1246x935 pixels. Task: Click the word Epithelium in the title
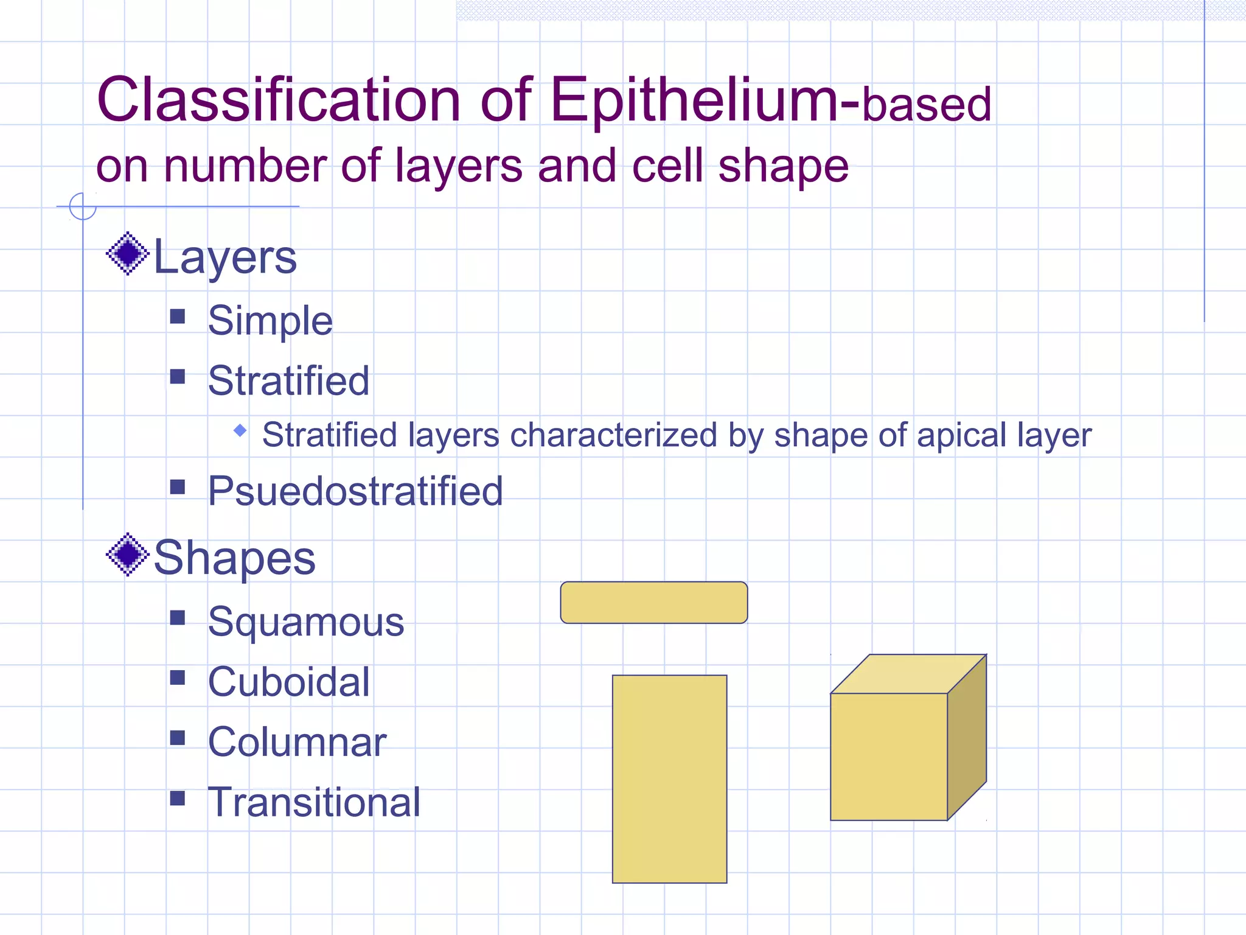tap(694, 100)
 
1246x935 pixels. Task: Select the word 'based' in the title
tap(927, 105)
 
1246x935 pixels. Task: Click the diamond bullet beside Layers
tap(128, 253)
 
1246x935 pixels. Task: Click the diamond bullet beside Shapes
tap(128, 555)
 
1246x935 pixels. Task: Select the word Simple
tap(270, 320)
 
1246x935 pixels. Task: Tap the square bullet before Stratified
tap(178, 377)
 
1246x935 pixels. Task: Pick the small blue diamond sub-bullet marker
tap(240, 431)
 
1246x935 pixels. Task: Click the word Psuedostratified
tap(355, 491)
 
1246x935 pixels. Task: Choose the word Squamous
tap(306, 622)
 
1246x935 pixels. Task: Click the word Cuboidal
tap(289, 682)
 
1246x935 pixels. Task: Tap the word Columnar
tap(297, 742)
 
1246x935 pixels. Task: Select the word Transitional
tap(314, 802)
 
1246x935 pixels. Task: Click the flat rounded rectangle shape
tap(653, 603)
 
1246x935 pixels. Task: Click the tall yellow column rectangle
tap(669, 779)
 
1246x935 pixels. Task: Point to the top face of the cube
tap(908, 674)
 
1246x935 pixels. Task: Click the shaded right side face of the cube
tap(967, 738)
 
